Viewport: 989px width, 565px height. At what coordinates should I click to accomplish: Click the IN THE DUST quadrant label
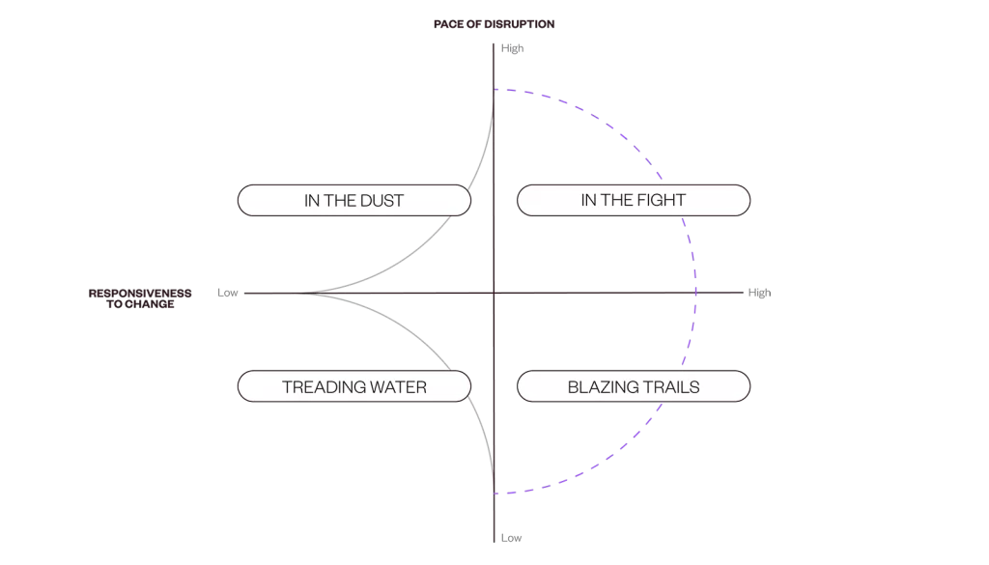pyautogui.click(x=353, y=201)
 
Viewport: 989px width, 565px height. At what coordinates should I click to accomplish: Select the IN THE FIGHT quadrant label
pyautogui.click(x=634, y=200)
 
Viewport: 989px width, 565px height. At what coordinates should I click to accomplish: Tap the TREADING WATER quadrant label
pyautogui.click(x=353, y=387)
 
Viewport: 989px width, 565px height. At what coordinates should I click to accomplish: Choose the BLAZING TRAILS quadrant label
pyautogui.click(x=634, y=387)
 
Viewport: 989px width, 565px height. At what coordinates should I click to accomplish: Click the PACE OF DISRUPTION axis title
pyautogui.click(x=494, y=24)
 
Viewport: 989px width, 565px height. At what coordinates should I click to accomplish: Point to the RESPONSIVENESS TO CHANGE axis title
pyautogui.click(x=140, y=298)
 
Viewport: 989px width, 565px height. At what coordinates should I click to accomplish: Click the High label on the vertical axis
pyautogui.click(x=512, y=48)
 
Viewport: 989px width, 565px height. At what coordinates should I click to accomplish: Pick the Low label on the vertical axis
pyautogui.click(x=511, y=538)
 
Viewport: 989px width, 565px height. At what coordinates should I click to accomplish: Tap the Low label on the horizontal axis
pyautogui.click(x=227, y=293)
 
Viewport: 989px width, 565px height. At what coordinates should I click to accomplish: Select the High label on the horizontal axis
pyautogui.click(x=759, y=293)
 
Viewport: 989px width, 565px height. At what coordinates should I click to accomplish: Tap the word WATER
pyautogui.click(x=398, y=387)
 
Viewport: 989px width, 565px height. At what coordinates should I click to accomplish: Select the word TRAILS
pyautogui.click(x=672, y=387)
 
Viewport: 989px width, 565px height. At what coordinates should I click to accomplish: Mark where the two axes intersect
pyautogui.click(x=494, y=293)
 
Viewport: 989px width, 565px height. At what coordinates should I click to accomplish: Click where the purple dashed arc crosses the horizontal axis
pyautogui.click(x=696, y=293)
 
